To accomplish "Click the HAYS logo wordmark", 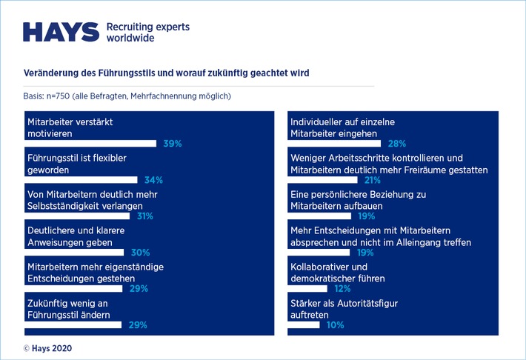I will (x=61, y=32).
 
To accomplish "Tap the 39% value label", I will (x=173, y=144).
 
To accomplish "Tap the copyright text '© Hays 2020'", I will (x=48, y=347).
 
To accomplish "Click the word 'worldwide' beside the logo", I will (x=130, y=38).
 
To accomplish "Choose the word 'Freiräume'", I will (x=430, y=170).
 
